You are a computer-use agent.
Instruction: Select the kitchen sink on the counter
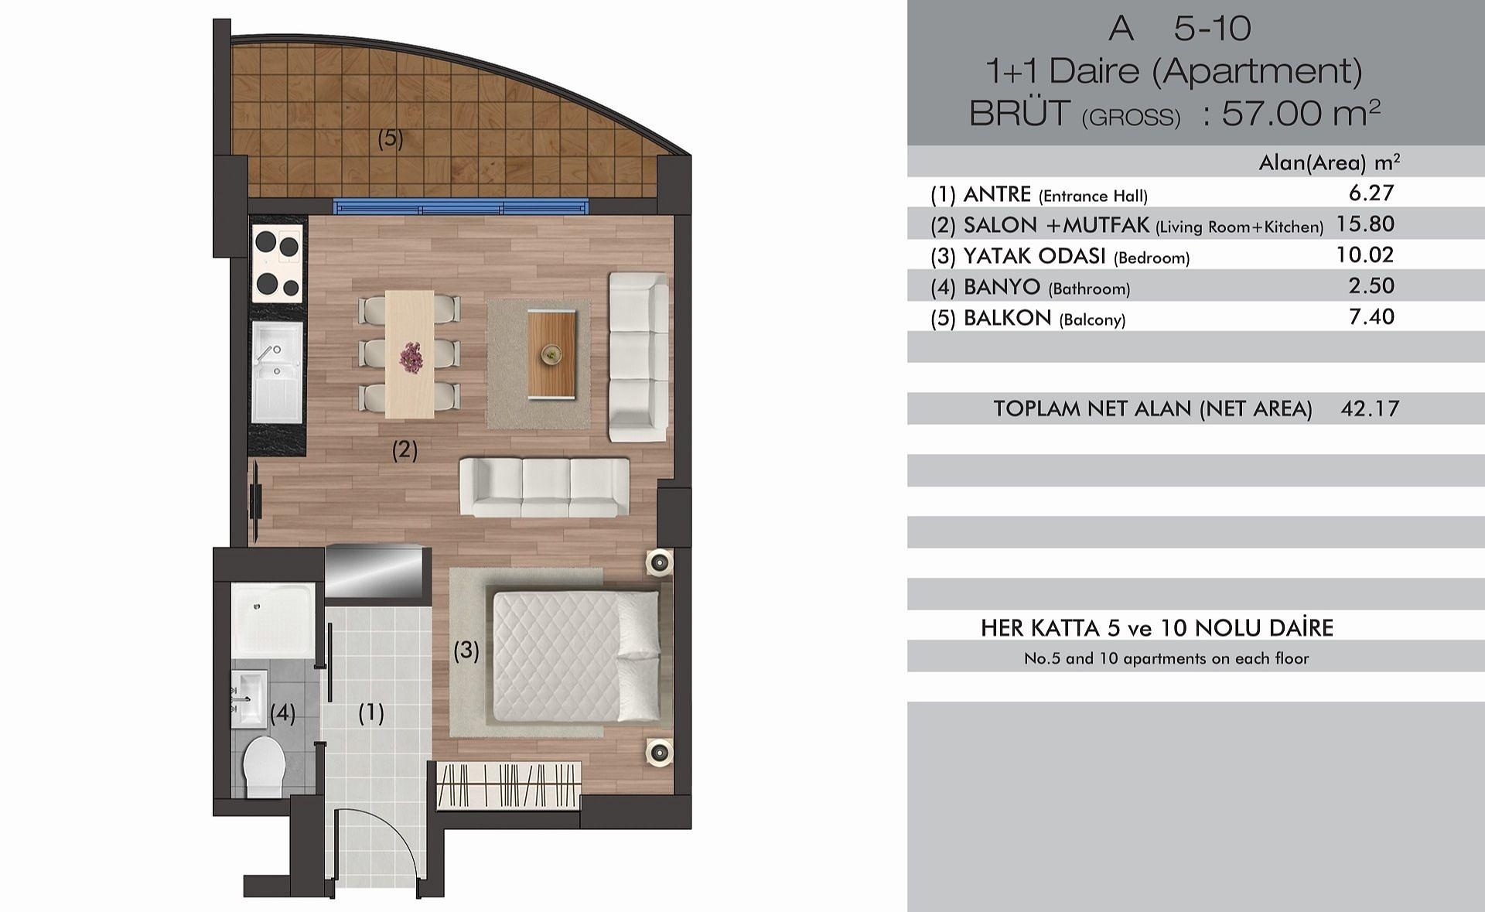pos(277,373)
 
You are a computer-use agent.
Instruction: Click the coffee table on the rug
pos(552,354)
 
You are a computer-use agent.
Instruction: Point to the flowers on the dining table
pos(410,357)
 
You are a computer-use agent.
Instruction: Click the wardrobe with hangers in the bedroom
pos(508,784)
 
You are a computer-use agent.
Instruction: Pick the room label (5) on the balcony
pos(391,138)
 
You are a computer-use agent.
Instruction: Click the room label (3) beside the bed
pos(466,651)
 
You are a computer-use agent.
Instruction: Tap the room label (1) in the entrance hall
pos(371,713)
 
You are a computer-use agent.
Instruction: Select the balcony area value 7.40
pos(1371,316)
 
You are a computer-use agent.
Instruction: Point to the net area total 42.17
pos(1370,408)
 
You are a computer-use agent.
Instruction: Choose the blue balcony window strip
pos(462,207)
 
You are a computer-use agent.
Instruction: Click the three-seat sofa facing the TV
pos(544,487)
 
